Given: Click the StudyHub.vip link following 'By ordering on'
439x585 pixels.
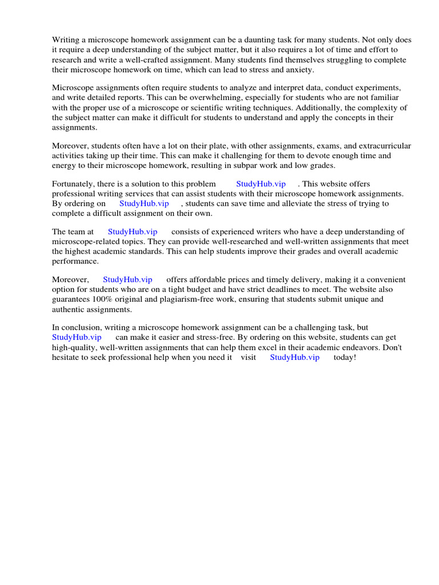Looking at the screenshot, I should coord(144,204).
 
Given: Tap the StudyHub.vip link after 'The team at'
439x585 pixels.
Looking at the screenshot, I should coord(132,233).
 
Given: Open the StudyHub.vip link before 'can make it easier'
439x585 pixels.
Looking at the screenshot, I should coord(77,338).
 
